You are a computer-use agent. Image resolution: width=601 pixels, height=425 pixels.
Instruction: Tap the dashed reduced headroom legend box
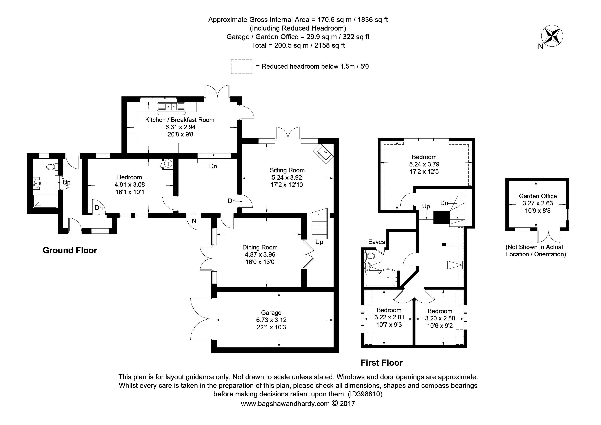pos(241,67)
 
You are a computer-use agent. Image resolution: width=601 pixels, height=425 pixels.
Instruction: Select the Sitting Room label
pos(287,170)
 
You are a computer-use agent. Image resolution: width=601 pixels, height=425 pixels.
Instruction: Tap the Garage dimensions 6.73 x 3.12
pos(271,320)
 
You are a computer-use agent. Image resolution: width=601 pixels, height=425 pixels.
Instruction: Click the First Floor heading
pos(381,363)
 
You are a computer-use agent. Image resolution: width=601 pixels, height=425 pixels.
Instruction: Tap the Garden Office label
pos(538,196)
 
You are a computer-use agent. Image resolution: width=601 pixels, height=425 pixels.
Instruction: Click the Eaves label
pos(376,242)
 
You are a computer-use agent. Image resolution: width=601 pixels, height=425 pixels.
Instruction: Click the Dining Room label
pos(260,247)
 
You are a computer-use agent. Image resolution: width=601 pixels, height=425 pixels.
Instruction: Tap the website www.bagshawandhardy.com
pos(285,404)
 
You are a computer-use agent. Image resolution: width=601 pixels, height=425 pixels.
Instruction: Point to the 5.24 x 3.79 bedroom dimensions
pos(424,164)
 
